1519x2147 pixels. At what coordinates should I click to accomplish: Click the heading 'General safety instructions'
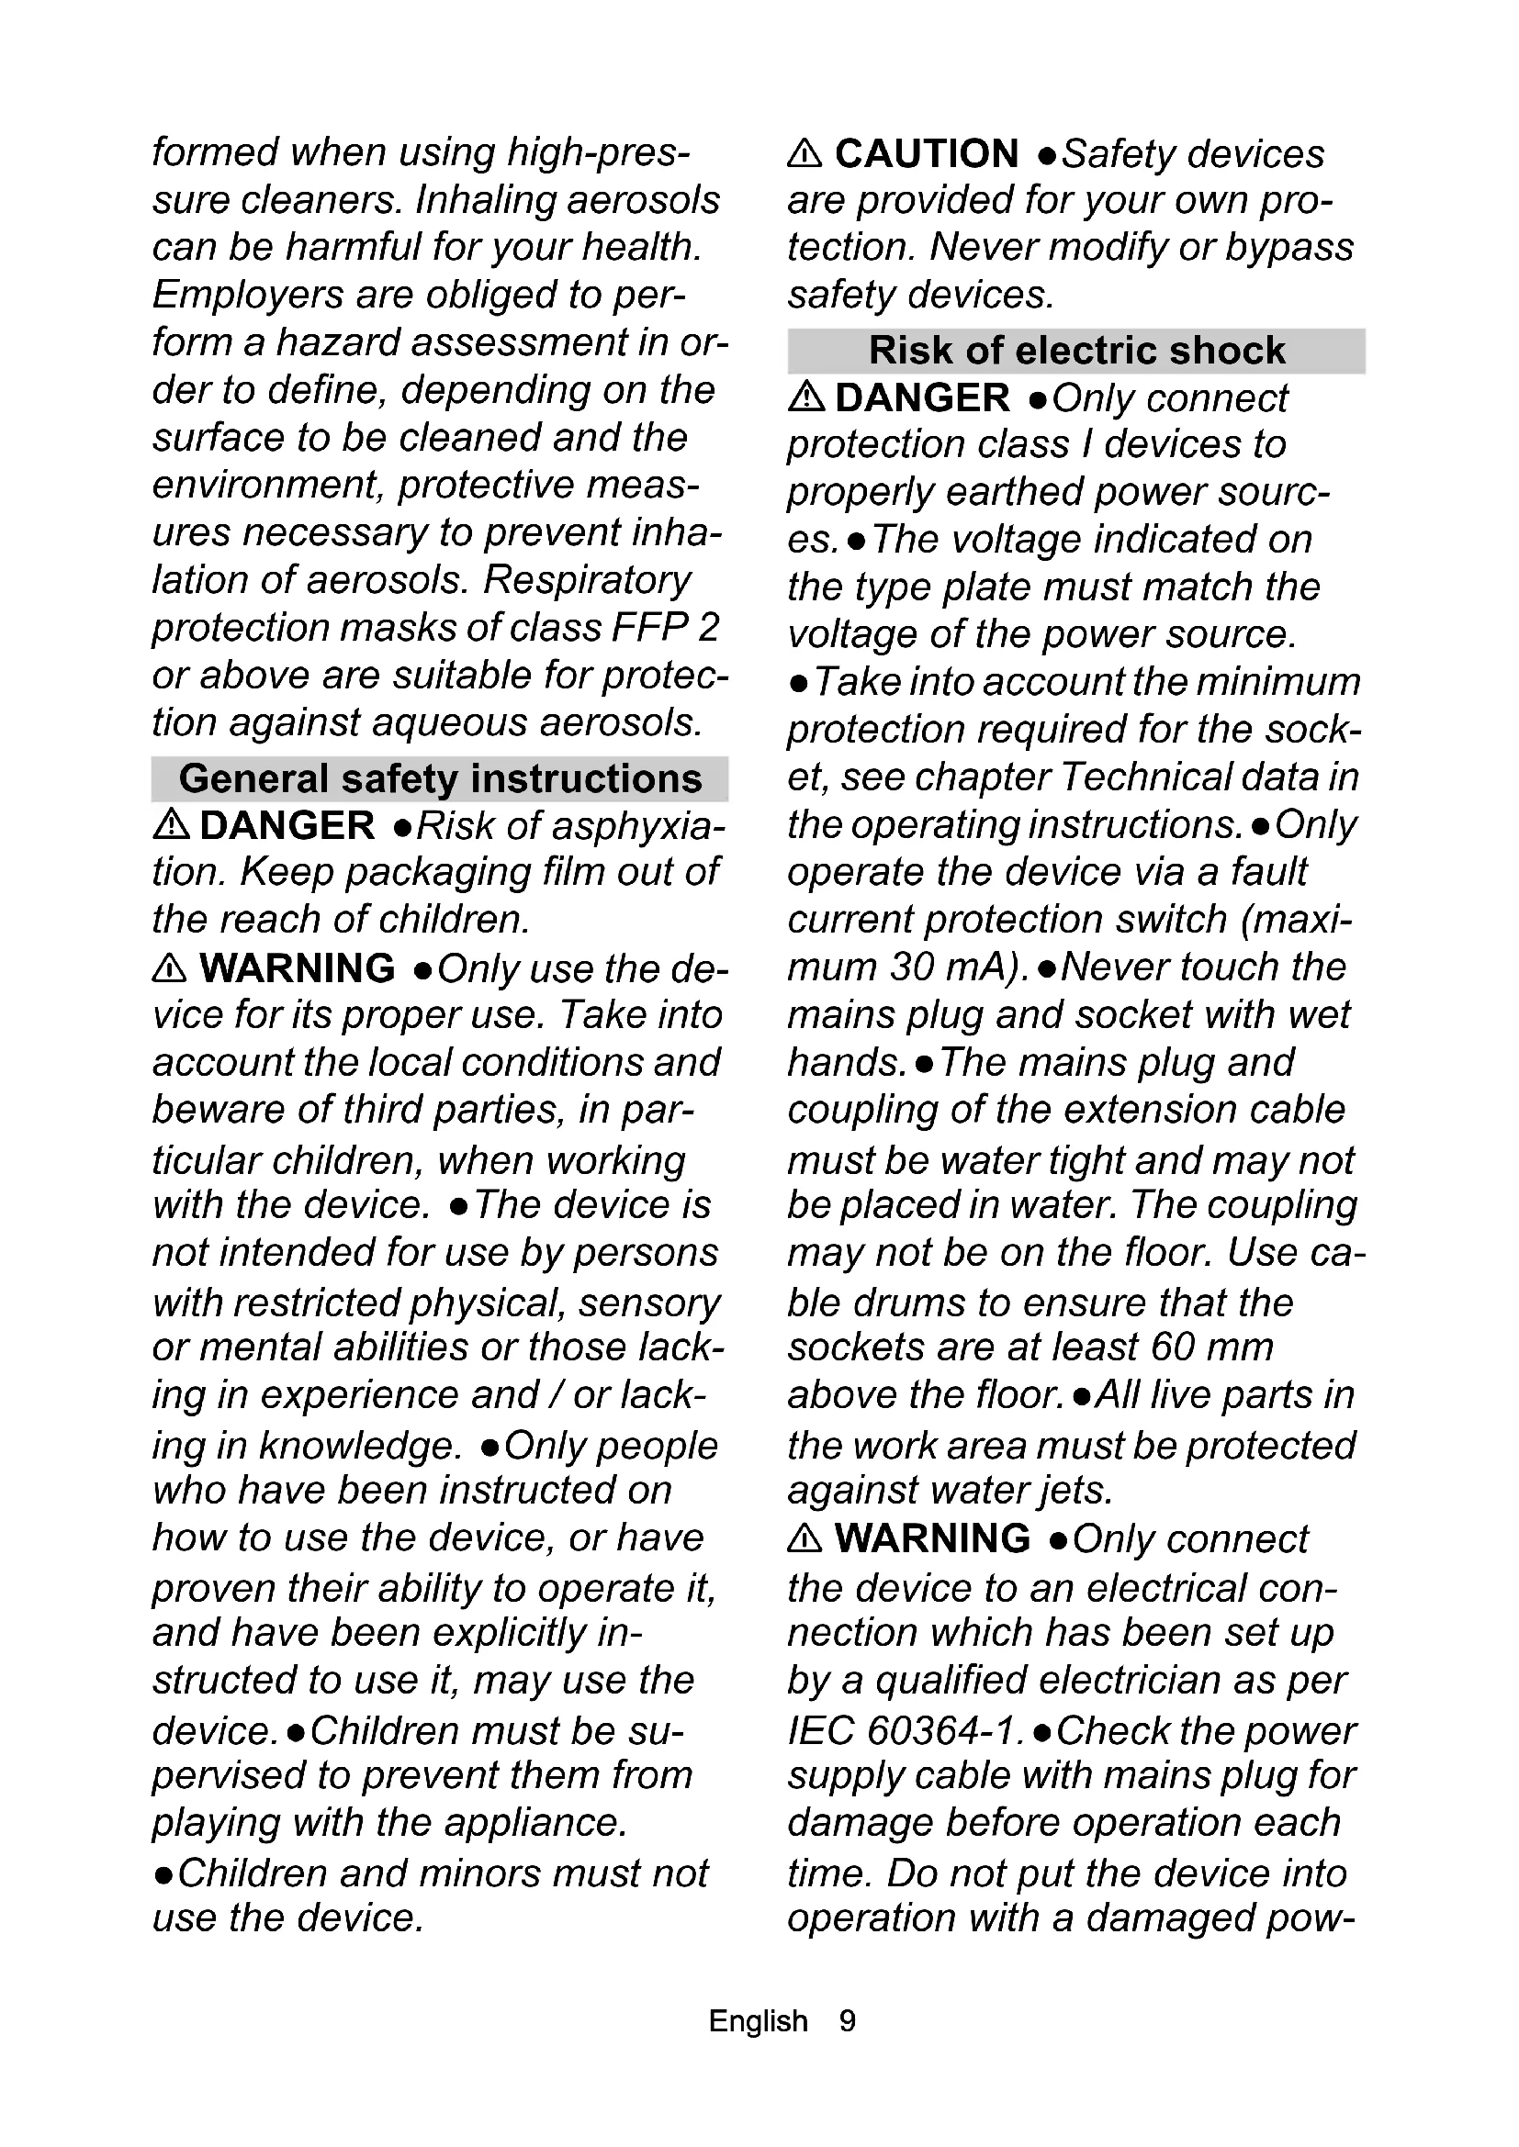[440, 778]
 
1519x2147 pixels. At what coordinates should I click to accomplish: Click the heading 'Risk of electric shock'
[1076, 351]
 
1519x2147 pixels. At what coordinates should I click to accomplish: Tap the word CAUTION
[926, 153]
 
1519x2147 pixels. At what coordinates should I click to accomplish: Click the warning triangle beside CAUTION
[805, 152]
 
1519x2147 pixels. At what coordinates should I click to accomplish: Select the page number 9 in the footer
[848, 2020]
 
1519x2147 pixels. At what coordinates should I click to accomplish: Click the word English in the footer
[758, 2020]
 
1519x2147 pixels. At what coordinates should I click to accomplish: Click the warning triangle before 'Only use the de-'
[169, 968]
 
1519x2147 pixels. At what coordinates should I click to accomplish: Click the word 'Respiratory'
[587, 580]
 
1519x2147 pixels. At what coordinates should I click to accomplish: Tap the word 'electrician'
[1130, 1681]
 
